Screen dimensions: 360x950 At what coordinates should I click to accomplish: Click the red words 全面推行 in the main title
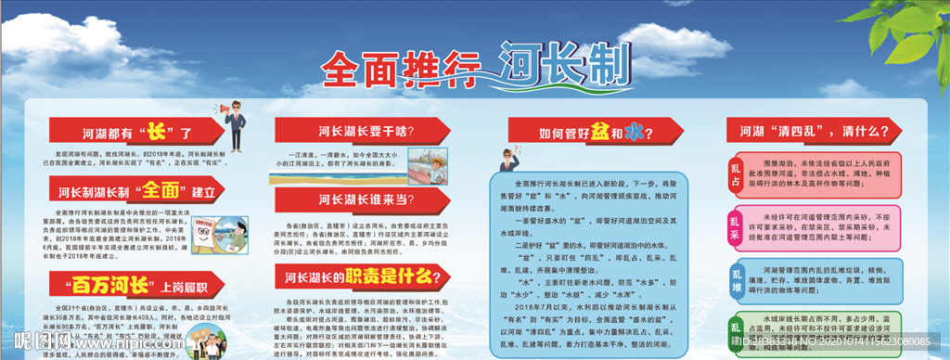point(402,66)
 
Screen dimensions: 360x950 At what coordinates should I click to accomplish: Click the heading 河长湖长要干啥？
point(365,130)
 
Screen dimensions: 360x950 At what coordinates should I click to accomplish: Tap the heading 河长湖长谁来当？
point(365,198)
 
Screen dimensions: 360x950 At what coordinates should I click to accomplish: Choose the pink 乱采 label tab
point(735,227)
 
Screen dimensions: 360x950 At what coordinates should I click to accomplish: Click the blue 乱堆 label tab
point(735,280)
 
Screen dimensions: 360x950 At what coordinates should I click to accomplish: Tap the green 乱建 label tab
point(735,332)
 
